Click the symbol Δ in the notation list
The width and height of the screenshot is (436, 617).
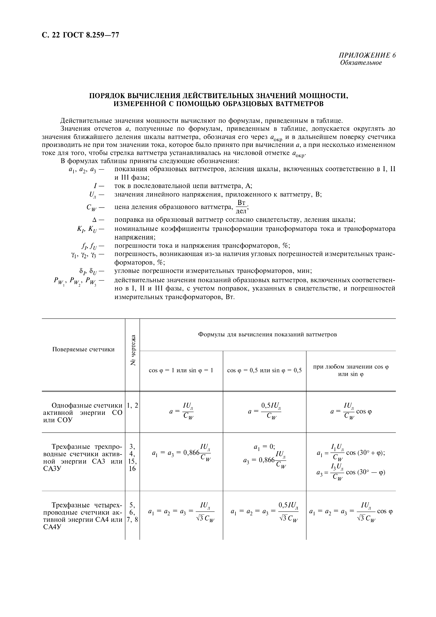tap(94, 220)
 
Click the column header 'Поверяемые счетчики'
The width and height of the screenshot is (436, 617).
tap(83, 349)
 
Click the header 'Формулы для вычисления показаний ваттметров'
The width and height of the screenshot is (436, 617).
tap(267, 335)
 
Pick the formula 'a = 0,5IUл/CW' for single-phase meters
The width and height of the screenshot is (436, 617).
tap(265, 411)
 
